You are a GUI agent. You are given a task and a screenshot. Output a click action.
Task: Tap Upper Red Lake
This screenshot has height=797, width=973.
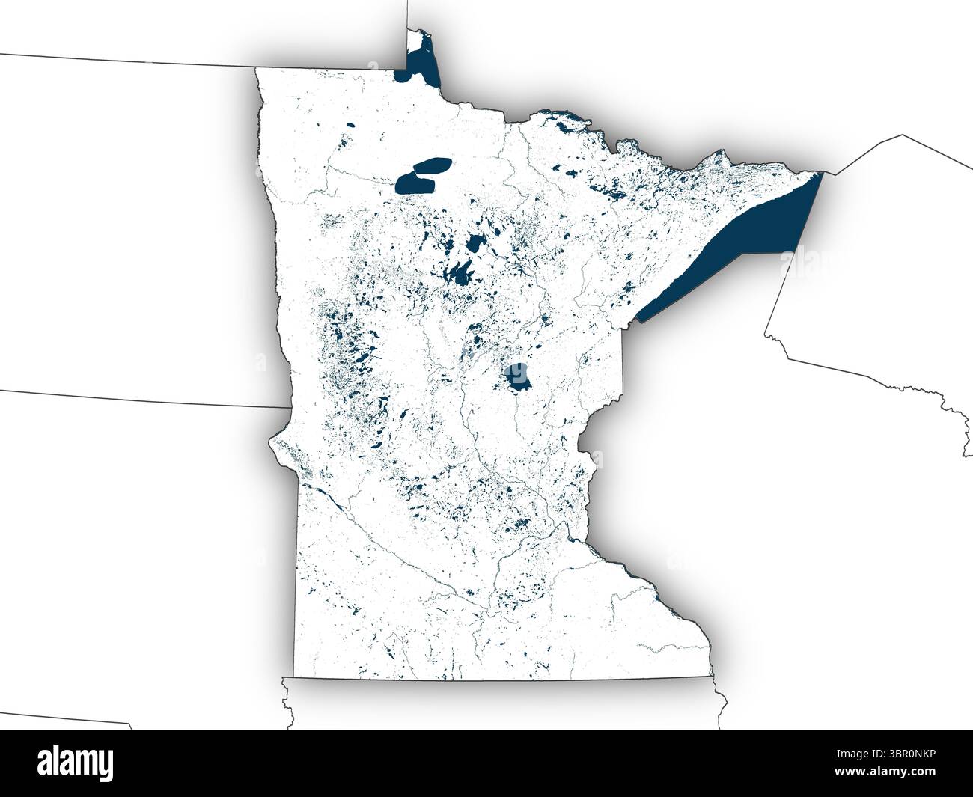(x=433, y=165)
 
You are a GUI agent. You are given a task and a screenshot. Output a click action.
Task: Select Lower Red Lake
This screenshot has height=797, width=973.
(x=411, y=182)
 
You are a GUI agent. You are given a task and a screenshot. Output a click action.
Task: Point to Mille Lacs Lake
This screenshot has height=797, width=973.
(x=516, y=376)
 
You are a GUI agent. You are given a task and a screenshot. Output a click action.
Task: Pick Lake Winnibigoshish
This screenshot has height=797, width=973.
(x=475, y=242)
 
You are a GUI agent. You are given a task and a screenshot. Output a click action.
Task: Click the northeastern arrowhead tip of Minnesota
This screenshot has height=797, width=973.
(x=821, y=174)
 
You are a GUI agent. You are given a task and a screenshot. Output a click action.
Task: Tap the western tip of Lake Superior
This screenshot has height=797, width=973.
(x=638, y=320)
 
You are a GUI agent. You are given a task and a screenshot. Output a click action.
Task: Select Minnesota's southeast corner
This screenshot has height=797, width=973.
(x=710, y=677)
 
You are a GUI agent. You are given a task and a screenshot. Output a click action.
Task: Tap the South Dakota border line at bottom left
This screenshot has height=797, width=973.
(x=67, y=719)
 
